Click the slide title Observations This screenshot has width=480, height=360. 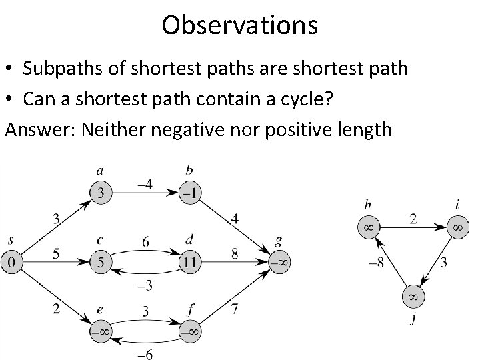coord(239,25)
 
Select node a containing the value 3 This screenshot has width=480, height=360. coord(100,193)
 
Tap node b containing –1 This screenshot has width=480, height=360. coord(190,193)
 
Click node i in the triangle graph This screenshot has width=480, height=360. coord(457,227)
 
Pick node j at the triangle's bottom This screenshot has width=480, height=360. coord(413,295)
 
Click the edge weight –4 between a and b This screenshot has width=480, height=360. coord(145,182)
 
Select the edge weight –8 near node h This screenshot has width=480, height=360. coord(376,262)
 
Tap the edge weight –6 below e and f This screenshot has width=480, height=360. coord(145,355)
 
